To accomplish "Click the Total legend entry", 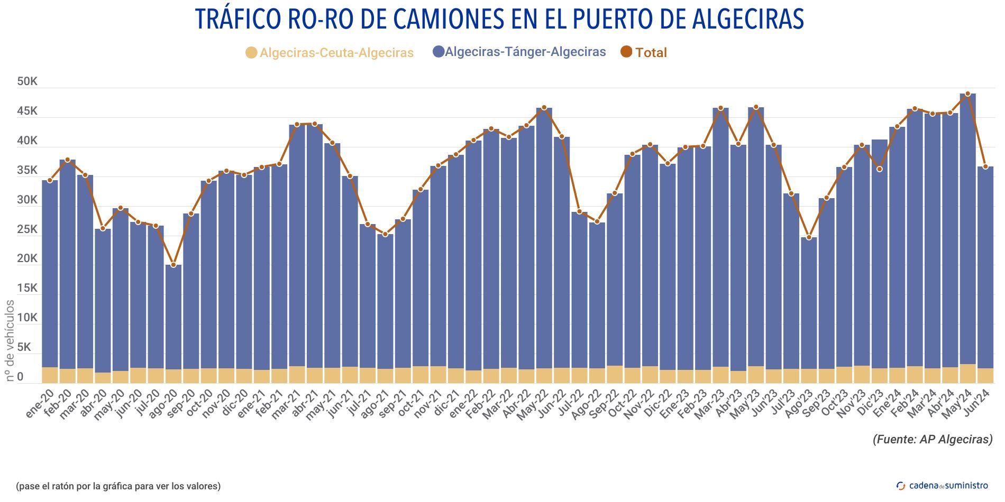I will [644, 52].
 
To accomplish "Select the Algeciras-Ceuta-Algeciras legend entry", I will [330, 53].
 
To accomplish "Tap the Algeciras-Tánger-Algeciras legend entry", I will [519, 52].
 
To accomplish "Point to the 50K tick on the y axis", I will [27, 81].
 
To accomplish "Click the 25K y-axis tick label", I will [27, 229].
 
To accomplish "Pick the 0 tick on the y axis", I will [20, 377].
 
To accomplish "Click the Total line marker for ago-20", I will [173, 264].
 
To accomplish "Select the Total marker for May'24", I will [967, 94].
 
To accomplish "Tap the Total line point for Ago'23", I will [809, 237].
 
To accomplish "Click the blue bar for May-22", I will [544, 238].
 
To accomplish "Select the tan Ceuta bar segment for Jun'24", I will [985, 376].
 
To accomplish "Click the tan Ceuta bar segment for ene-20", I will [50, 375].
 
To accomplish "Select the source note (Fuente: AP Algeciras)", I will [932, 439].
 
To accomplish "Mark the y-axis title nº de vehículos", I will [10, 340].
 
